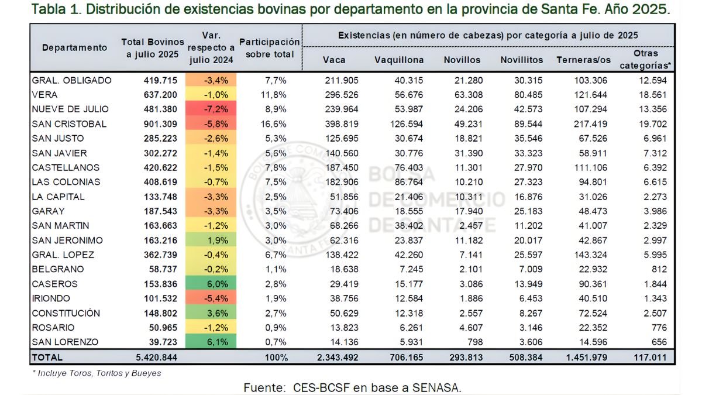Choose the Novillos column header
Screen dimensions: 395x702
(x=462, y=60)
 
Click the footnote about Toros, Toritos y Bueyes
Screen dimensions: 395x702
(x=97, y=373)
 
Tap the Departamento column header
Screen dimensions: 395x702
(x=74, y=47)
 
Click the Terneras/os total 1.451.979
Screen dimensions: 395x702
(x=584, y=357)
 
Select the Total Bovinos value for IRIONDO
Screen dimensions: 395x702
(x=159, y=298)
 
